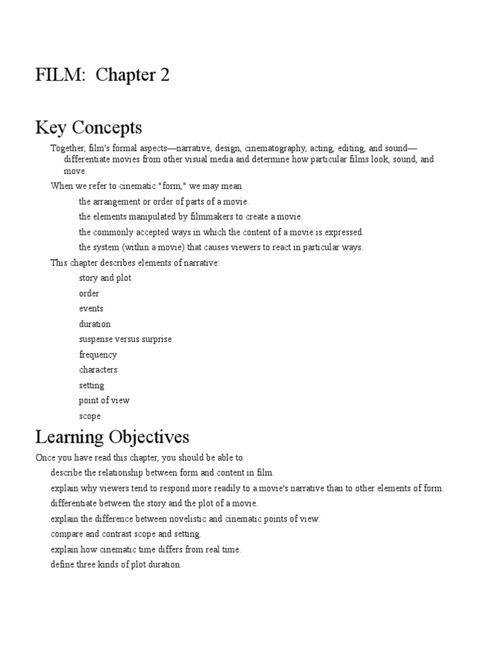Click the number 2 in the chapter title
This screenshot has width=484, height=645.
coord(164,76)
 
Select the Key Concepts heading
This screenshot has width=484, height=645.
coord(89,128)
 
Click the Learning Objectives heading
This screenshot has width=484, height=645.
coord(112,437)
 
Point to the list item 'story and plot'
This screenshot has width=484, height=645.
coord(105,278)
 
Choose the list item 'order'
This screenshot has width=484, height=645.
coord(89,294)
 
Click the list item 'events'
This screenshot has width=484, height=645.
coord(91,309)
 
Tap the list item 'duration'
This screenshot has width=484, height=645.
coord(95,324)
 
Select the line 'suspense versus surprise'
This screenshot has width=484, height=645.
coord(125,339)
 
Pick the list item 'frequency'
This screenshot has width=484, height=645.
coord(98,355)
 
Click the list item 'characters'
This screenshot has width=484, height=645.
coord(98,370)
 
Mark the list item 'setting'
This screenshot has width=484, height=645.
coord(91,385)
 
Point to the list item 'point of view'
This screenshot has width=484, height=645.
coord(104,401)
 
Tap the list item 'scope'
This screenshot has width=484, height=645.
coord(89,416)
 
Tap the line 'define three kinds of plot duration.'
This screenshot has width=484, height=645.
coord(116,564)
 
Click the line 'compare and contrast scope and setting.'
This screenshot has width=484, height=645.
coord(126,534)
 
